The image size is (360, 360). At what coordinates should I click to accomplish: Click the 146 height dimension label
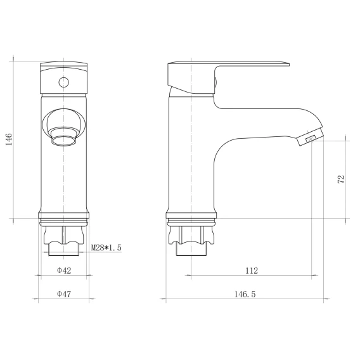(x=9, y=139)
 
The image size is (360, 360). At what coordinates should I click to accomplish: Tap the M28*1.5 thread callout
(x=106, y=248)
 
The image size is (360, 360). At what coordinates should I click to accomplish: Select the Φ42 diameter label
(x=64, y=271)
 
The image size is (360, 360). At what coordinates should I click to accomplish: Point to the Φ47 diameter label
(x=64, y=294)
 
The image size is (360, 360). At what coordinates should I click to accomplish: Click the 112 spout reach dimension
(x=252, y=271)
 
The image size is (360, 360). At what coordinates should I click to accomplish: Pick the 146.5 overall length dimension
(x=245, y=294)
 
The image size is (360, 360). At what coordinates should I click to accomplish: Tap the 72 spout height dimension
(x=341, y=179)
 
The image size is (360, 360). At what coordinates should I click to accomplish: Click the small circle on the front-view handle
(x=63, y=82)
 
